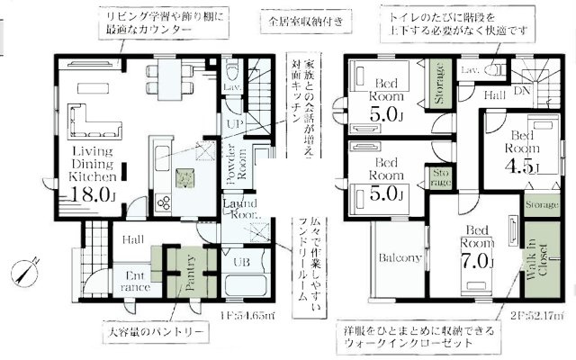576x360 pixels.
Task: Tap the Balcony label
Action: (x=400, y=258)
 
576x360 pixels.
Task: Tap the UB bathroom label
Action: (x=239, y=263)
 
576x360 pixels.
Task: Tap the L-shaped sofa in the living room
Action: (x=83, y=117)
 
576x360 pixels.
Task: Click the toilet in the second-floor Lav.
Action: (x=493, y=69)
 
